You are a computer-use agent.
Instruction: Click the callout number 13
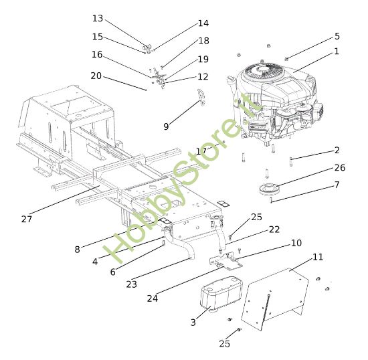tap(98, 18)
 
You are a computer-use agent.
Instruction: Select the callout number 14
tap(203, 23)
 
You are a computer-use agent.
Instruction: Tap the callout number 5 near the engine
tap(337, 36)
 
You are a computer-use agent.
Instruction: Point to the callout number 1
tap(337, 51)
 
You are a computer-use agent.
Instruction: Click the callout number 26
tap(339, 167)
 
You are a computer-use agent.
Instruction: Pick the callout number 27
tap(27, 219)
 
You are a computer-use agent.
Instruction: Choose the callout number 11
tap(317, 257)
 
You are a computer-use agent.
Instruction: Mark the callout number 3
tap(193, 322)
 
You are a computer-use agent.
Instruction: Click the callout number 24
tap(153, 298)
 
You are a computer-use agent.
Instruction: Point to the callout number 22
tap(274, 229)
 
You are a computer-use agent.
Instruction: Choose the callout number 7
tap(337, 184)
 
